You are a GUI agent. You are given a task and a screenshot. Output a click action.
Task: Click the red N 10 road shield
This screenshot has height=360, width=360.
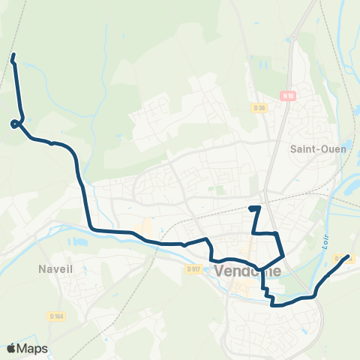(x=289, y=95)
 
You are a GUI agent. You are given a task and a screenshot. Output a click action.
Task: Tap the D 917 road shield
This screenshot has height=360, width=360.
(x=194, y=268)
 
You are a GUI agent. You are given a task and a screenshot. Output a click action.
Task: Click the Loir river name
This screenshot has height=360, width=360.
(x=326, y=238)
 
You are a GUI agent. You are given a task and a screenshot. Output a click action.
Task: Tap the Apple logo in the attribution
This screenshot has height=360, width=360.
(x=11, y=348)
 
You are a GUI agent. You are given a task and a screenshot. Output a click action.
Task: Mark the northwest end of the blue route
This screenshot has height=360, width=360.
(x=13, y=55)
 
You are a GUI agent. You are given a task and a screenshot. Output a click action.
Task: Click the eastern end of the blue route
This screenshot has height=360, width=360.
(x=347, y=257)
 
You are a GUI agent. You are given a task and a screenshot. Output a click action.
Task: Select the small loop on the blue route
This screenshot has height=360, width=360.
(x=16, y=123)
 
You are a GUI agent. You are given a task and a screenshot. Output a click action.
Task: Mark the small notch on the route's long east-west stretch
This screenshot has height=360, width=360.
(x=184, y=244)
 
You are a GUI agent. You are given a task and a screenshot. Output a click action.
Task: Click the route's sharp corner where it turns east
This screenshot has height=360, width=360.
(x=90, y=229)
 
